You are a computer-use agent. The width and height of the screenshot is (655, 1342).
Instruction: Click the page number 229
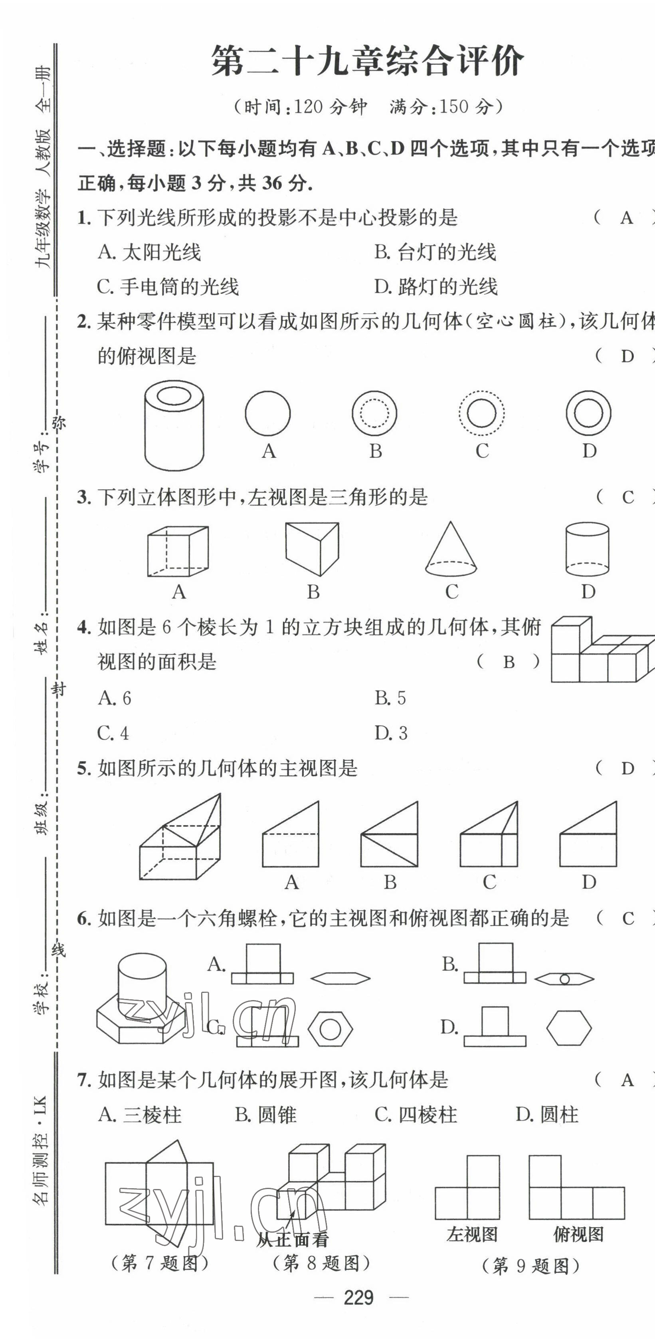(359, 1297)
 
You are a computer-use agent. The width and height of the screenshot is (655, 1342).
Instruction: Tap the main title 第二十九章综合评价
(368, 62)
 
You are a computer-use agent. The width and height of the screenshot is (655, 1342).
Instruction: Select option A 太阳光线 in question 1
(149, 252)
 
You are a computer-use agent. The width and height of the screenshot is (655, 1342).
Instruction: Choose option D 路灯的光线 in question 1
(436, 286)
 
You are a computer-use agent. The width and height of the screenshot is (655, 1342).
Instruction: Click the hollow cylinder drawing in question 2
(174, 425)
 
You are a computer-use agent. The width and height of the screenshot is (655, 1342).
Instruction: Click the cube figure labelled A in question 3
(178, 551)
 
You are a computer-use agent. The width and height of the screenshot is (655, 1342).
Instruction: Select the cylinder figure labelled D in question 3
(587, 549)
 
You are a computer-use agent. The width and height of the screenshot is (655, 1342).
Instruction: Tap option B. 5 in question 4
(390, 698)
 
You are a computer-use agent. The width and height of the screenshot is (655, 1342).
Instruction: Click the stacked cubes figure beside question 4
(602, 650)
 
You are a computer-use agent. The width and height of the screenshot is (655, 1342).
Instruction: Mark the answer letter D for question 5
(627, 768)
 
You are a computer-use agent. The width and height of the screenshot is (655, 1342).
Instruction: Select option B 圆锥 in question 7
(265, 1114)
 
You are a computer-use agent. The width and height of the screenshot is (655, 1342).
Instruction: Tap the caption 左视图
(472, 1235)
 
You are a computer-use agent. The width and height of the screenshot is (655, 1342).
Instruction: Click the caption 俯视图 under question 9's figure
(578, 1235)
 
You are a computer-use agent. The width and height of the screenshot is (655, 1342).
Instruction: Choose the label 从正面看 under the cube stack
(292, 1239)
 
